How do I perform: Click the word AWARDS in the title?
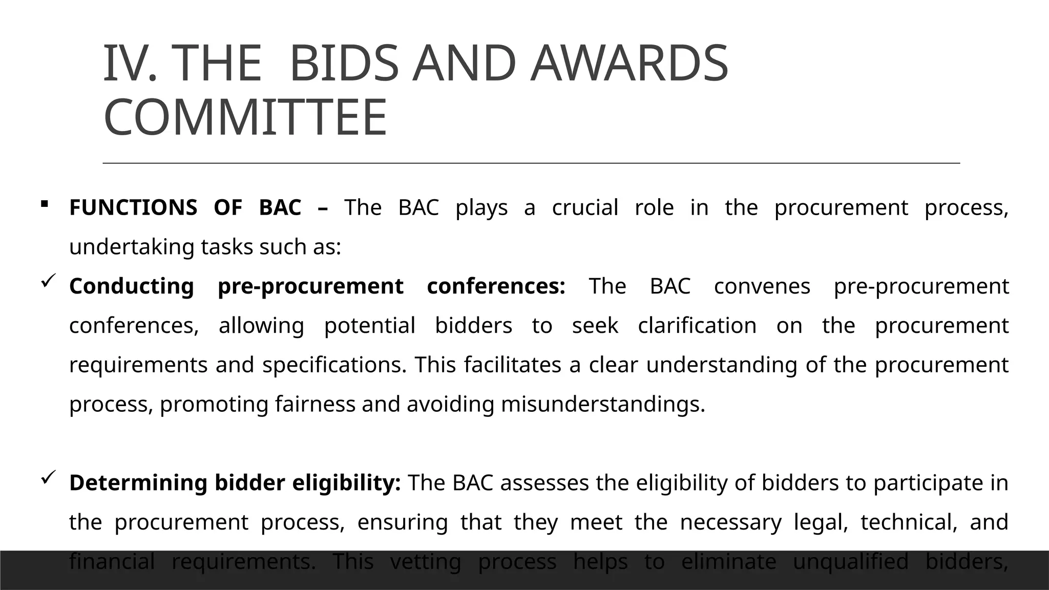628,64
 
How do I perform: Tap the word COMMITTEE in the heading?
245,118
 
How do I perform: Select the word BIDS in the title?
344,64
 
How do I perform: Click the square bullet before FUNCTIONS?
44,204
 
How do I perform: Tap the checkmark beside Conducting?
48,280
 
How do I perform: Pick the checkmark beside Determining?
48,477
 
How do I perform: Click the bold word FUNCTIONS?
133,207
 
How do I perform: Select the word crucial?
585,207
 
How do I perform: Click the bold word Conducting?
132,286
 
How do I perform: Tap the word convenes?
762,286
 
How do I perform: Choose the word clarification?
697,326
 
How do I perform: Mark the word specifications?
334,365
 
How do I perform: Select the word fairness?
315,404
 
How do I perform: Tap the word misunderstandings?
603,404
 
